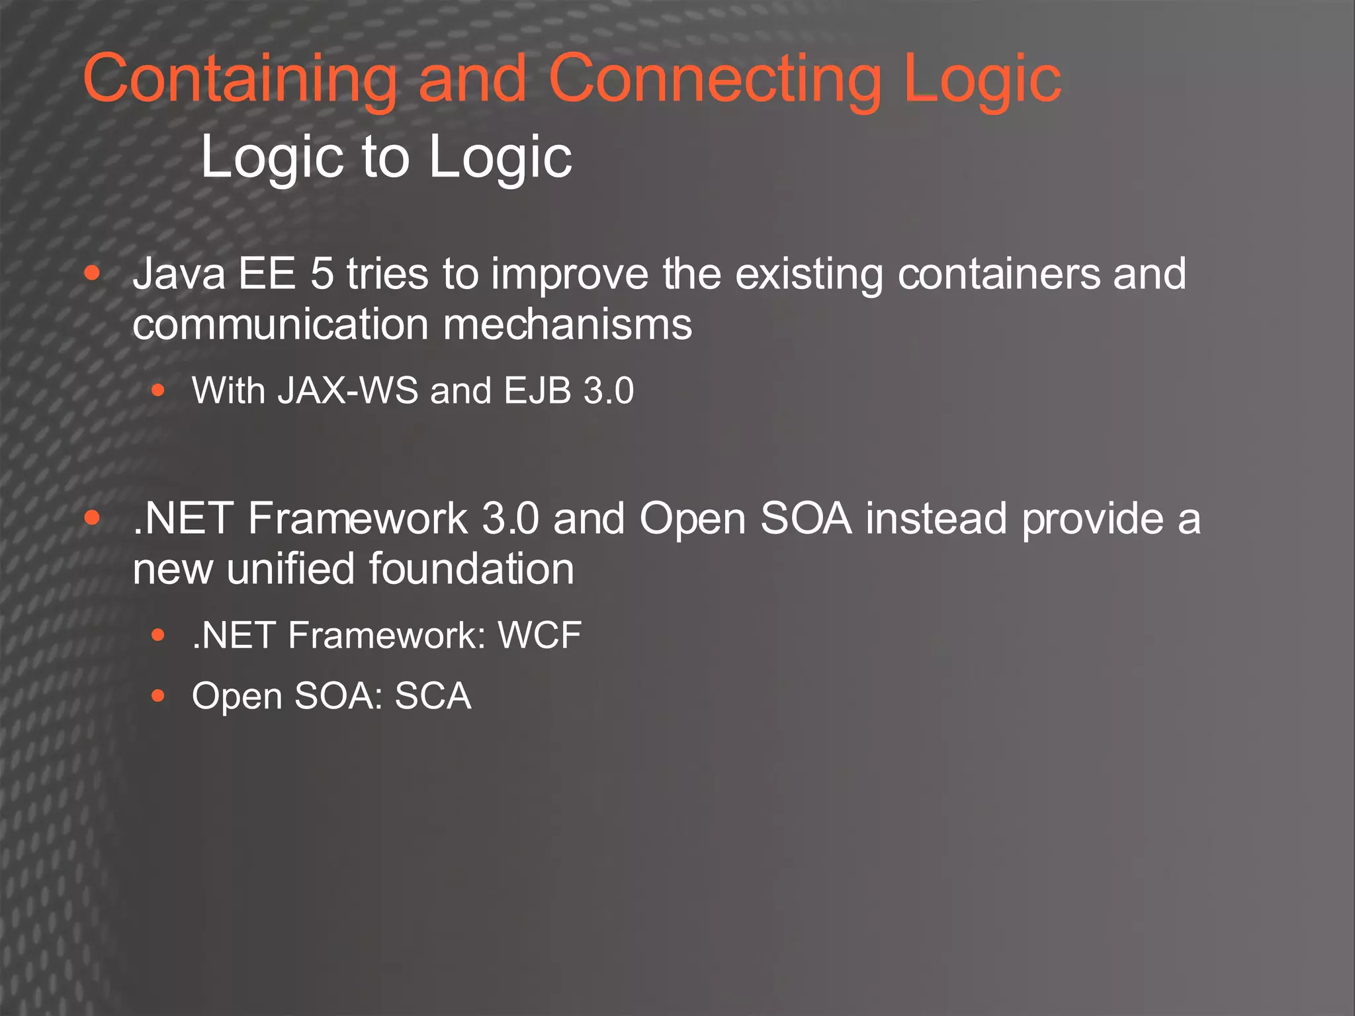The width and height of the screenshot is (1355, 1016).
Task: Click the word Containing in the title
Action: tap(240, 79)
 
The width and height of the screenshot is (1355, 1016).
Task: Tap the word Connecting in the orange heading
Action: tap(715, 79)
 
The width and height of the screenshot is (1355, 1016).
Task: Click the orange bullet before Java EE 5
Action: tap(93, 273)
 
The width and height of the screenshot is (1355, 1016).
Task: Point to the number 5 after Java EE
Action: tap(322, 274)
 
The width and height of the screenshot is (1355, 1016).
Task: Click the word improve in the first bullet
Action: tap(569, 275)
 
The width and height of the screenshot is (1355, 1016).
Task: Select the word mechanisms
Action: tap(567, 325)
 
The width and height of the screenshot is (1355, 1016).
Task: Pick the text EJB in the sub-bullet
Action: tap(537, 390)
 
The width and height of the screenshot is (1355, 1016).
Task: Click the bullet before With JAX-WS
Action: tap(157, 390)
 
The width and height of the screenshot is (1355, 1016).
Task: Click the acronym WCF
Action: tap(539, 636)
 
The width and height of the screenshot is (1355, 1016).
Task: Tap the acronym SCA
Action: tap(433, 696)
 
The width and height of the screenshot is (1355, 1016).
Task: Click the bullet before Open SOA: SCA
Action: tap(157, 696)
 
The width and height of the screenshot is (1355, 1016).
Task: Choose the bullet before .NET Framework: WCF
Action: tap(157, 636)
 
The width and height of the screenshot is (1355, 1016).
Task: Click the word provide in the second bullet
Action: tap(1092, 520)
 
